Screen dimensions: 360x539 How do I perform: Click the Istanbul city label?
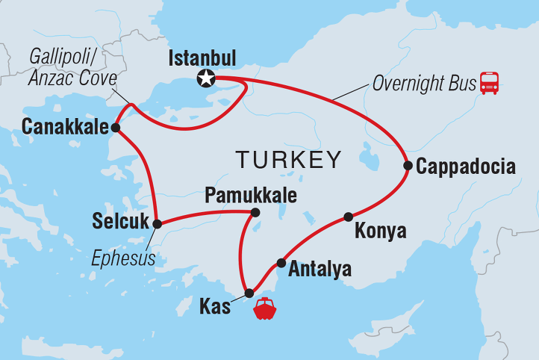pyautogui.click(x=202, y=58)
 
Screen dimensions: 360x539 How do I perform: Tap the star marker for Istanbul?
pyautogui.click(x=205, y=78)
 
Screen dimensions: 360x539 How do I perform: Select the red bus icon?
pyautogui.click(x=489, y=82)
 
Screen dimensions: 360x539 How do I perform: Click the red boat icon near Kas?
pyautogui.click(x=265, y=308)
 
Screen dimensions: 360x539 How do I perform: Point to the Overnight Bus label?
pyautogui.click(x=424, y=82)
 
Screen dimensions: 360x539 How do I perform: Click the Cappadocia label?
pyautogui.click(x=466, y=166)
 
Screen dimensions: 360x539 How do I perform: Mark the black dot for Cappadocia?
pyautogui.click(x=408, y=166)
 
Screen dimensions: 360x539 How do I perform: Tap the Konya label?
pyautogui.click(x=381, y=231)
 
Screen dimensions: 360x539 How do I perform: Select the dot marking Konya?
pyautogui.click(x=348, y=217)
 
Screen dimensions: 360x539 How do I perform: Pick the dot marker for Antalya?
pyautogui.click(x=281, y=262)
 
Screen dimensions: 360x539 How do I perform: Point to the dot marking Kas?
pyautogui.click(x=249, y=293)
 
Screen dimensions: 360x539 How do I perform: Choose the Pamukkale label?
pyautogui.click(x=251, y=196)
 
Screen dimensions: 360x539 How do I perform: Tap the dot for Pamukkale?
pyautogui.click(x=255, y=213)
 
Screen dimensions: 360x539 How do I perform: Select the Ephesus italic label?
pyautogui.click(x=123, y=259)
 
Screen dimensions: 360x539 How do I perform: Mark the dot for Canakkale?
pyautogui.click(x=116, y=128)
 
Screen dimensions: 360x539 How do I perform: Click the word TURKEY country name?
pyautogui.click(x=288, y=159)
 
